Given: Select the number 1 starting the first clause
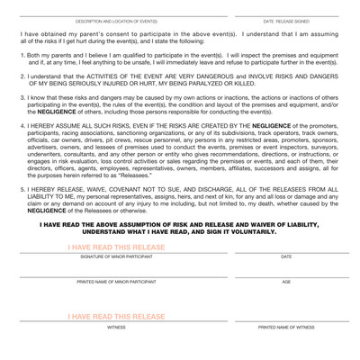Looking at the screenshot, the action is [22, 55].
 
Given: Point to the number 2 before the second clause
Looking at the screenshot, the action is [22, 78].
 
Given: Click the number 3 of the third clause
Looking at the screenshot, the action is [22, 102].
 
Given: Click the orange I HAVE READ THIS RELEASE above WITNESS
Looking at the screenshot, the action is [116, 317].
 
